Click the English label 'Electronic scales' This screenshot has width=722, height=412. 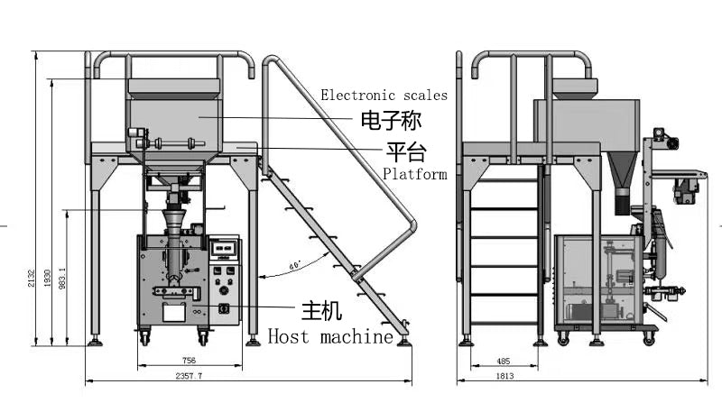tap(384, 95)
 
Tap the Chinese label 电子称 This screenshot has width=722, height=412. tap(391, 120)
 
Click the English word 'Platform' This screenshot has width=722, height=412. tap(414, 174)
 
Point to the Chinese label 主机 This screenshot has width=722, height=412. tap(321, 312)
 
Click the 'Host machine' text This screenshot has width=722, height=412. tap(331, 336)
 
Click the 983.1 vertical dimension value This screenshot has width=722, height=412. tap(62, 278)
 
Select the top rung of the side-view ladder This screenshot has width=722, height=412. tap(504, 179)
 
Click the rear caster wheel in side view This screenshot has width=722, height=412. tap(563, 338)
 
